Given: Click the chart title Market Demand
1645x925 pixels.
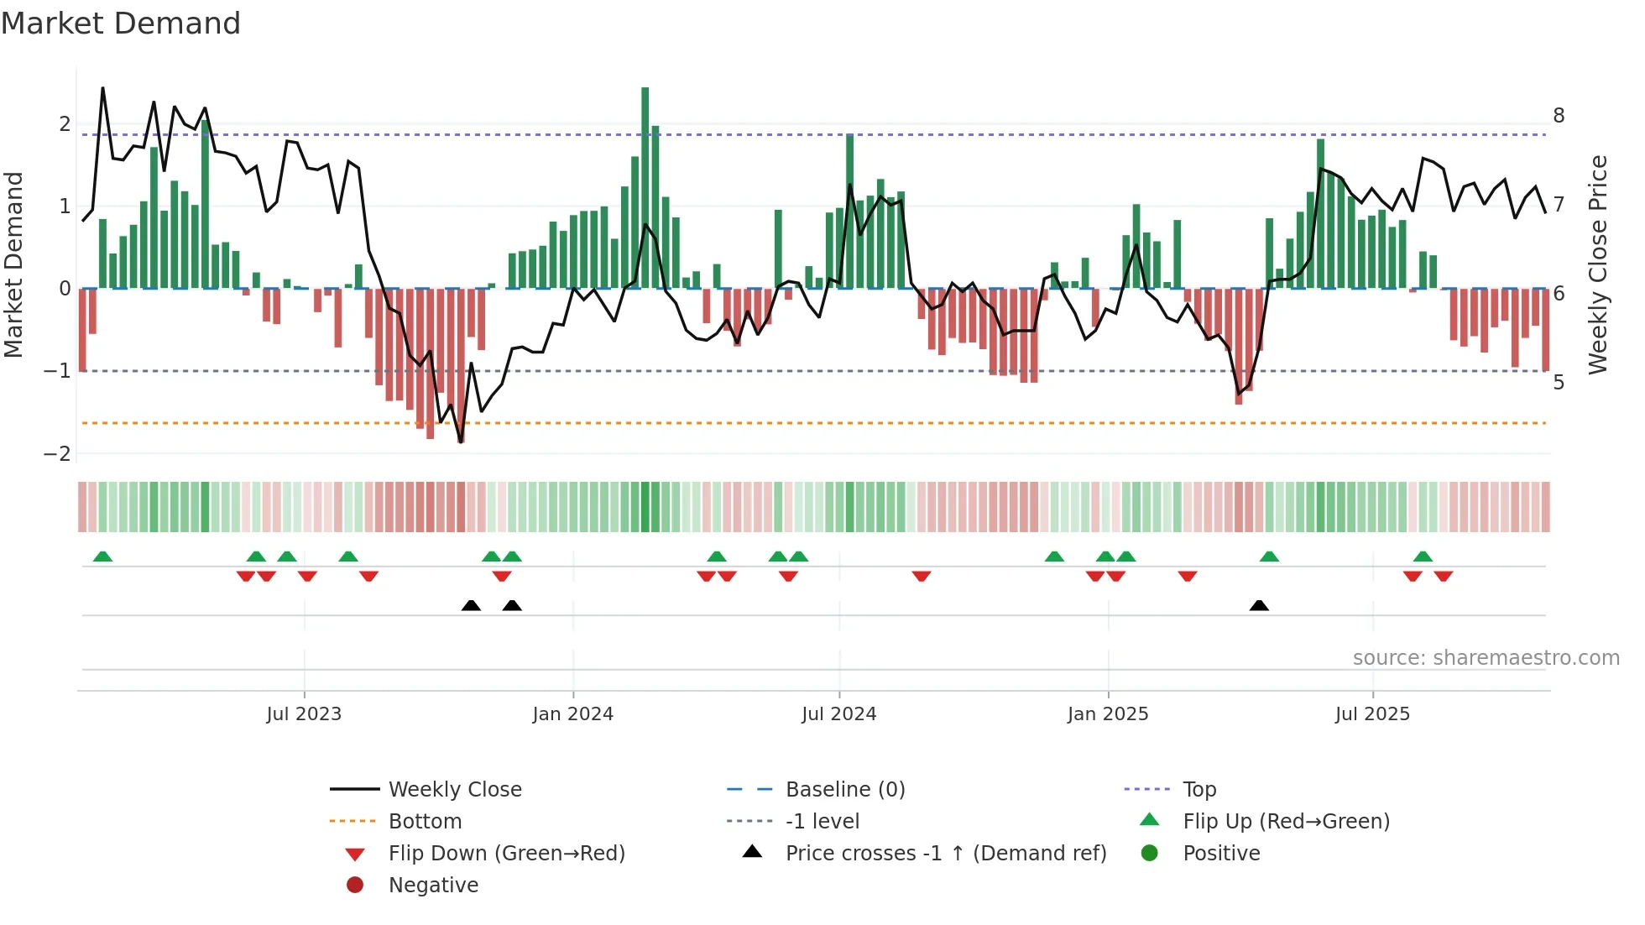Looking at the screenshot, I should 121,24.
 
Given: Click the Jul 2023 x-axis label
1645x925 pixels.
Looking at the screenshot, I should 304,714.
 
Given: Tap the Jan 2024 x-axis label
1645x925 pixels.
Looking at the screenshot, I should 573,714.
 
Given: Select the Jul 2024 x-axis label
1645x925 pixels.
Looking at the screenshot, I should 838,714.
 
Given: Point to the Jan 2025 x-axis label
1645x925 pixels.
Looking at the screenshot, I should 1108,714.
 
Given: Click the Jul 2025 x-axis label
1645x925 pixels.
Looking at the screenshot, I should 1372,714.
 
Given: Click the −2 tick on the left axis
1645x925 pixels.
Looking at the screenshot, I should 58,454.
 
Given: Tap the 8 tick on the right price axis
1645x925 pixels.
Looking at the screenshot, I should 1559,116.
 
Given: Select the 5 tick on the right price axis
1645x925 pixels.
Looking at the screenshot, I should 1559,383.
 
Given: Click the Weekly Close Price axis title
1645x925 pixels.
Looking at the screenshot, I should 1598,264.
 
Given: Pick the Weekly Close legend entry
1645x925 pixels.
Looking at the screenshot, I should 455,790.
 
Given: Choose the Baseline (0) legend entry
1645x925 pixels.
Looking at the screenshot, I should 845,790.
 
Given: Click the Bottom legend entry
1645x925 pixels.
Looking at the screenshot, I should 425,822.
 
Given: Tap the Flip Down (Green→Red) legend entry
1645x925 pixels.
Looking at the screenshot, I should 506,854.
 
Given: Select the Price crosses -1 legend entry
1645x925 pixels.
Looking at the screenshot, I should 946,854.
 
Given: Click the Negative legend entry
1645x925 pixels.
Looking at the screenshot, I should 433,886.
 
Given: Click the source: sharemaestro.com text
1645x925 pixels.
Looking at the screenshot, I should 1486,658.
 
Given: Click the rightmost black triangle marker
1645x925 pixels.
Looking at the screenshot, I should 1259,605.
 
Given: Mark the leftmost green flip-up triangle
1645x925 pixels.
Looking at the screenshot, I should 102,557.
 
